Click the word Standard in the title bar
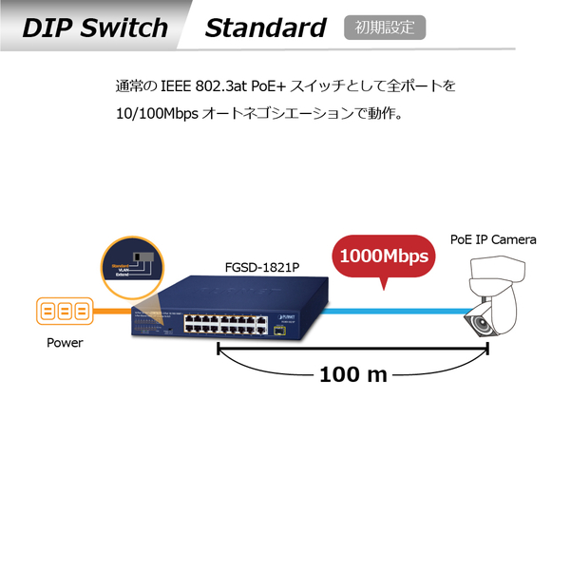[x=265, y=28]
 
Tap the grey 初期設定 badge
[x=385, y=28]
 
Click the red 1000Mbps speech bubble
[x=383, y=256]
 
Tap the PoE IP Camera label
[x=492, y=239]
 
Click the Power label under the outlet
[x=65, y=343]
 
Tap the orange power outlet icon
[x=65, y=312]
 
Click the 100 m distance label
[x=353, y=373]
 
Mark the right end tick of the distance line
[x=487, y=351]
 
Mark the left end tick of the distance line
[x=219, y=351]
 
